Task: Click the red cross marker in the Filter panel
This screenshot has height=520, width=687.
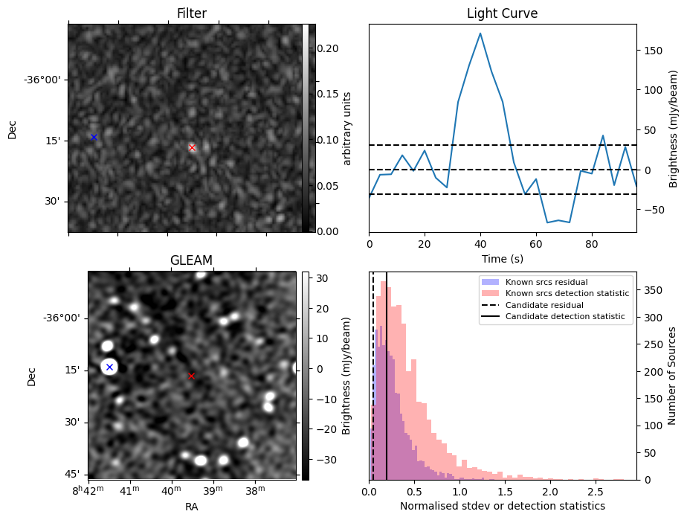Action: pyautogui.click(x=192, y=147)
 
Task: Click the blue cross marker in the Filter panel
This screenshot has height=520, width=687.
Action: pyautogui.click(x=94, y=137)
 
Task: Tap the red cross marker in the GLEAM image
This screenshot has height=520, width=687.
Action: pyautogui.click(x=191, y=376)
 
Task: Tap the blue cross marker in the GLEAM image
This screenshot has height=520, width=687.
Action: pyautogui.click(x=109, y=367)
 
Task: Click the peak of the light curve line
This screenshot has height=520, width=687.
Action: pyautogui.click(x=480, y=33)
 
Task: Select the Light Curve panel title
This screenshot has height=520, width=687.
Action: pyautogui.click(x=502, y=13)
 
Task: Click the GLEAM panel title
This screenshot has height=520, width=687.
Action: pyautogui.click(x=191, y=260)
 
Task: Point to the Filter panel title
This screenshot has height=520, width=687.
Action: pyautogui.click(x=191, y=13)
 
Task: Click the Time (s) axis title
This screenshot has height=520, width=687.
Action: pyautogui.click(x=502, y=258)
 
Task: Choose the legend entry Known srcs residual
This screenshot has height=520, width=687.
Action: pyautogui.click(x=546, y=282)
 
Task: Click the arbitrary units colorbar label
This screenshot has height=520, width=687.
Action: pyautogui.click(x=346, y=127)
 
